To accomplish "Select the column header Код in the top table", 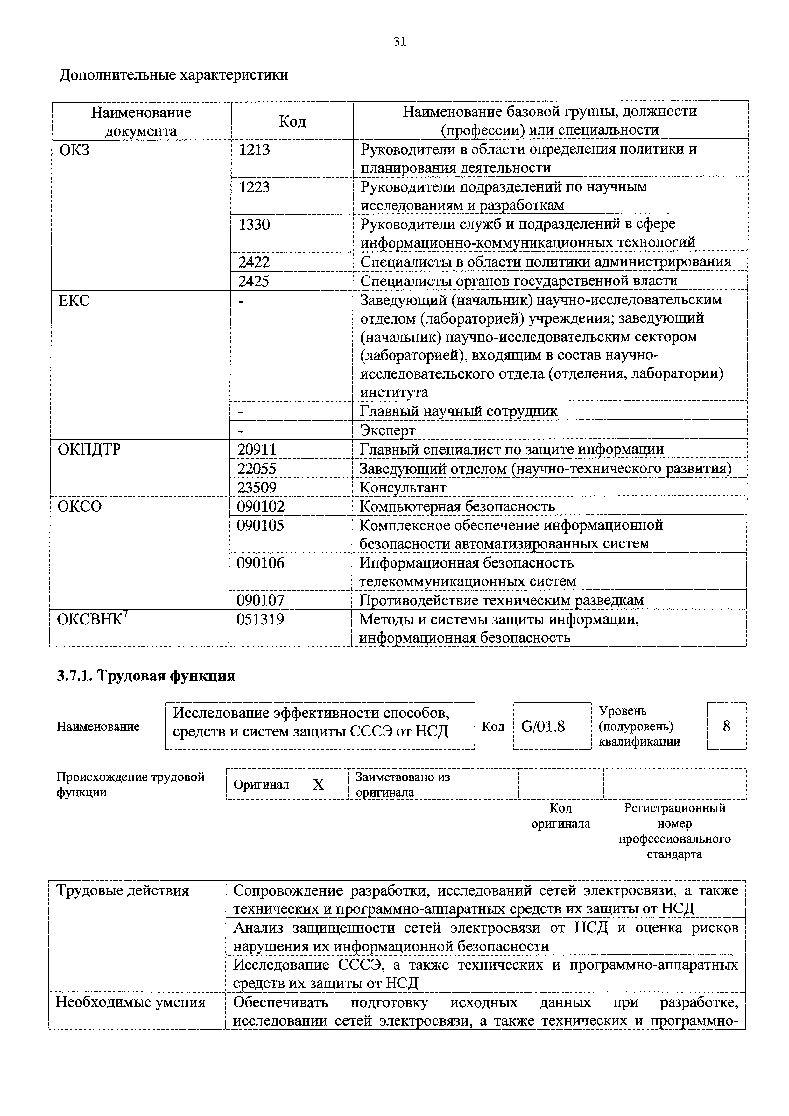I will pyautogui.click(x=292, y=121).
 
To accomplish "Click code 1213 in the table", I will pyautogui.click(x=254, y=150).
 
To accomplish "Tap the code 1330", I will pyautogui.click(x=254, y=225).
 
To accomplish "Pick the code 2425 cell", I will pyautogui.click(x=254, y=281).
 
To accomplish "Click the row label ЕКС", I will pyautogui.click(x=74, y=300).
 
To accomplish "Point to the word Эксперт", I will pyautogui.click(x=388, y=430).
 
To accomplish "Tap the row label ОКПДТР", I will pyautogui.click(x=89, y=450).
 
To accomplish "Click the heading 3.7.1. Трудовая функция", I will pyautogui.click(x=146, y=676).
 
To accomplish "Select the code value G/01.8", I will pyautogui.click(x=543, y=726).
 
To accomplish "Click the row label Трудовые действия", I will pyautogui.click(x=123, y=890).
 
